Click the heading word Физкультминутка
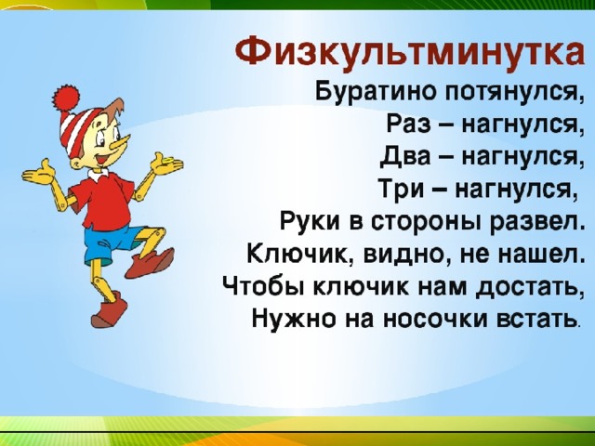[410, 52]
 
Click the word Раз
[407, 124]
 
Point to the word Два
[405, 155]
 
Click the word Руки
[310, 220]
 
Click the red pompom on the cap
[66, 97]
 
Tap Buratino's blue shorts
[110, 243]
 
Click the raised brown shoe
[151, 262]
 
